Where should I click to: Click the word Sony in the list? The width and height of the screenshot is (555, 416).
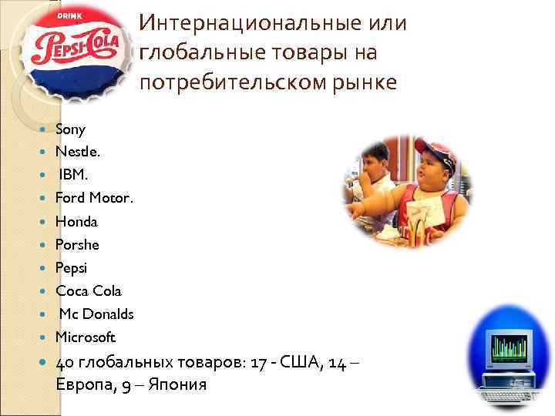pyautogui.click(x=70, y=129)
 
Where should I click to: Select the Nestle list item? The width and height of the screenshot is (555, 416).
pyautogui.click(x=77, y=153)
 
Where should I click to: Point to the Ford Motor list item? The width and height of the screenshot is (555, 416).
pyautogui.click(x=94, y=199)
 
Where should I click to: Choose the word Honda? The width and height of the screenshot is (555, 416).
pyautogui.click(x=76, y=222)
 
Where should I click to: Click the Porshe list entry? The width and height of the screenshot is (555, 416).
pyautogui.click(x=77, y=245)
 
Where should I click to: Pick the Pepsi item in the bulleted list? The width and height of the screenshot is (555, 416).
pyautogui.click(x=72, y=268)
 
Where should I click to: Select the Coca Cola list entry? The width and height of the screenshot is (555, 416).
pyautogui.click(x=88, y=291)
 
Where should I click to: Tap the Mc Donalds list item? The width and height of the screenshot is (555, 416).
pyautogui.click(x=96, y=314)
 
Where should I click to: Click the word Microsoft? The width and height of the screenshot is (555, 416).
pyautogui.click(x=85, y=337)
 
